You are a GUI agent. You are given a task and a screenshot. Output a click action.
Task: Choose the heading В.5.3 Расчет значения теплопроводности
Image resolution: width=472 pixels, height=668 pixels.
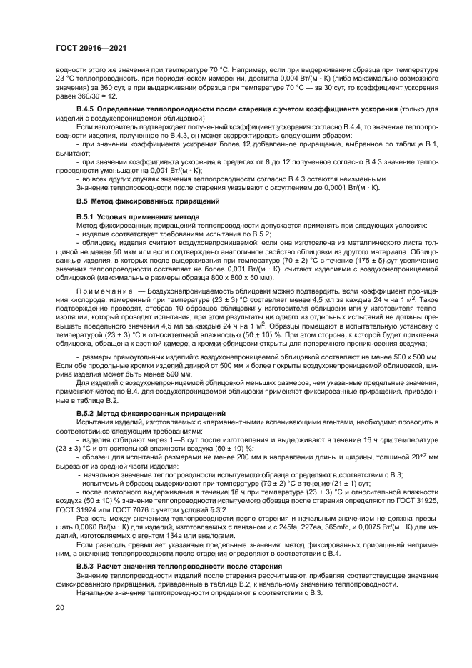tap(170, 565)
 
